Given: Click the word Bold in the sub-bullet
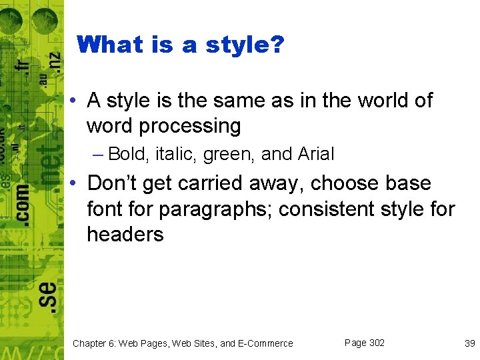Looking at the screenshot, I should [x=129, y=154].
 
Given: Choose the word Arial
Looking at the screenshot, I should [x=316, y=154].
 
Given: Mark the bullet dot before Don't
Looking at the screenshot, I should [x=77, y=183].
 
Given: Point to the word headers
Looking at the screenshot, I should [x=125, y=234].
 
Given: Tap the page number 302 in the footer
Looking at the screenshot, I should [x=376, y=343].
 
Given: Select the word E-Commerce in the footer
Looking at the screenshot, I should [x=265, y=343].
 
